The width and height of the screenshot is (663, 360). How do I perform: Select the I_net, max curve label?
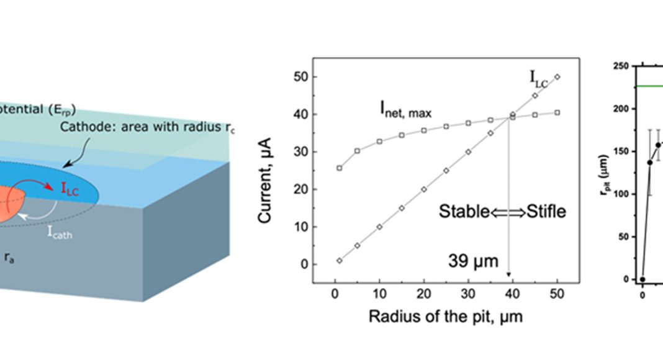[405, 112]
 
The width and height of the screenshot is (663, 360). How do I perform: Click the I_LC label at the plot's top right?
[540, 77]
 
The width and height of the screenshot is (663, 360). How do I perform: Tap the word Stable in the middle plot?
[464, 211]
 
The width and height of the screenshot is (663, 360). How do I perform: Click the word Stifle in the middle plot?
[546, 211]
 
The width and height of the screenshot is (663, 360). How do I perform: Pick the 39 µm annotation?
[473, 261]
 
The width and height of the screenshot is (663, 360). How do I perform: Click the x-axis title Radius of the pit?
[445, 317]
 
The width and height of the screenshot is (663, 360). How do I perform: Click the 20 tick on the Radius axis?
[424, 294]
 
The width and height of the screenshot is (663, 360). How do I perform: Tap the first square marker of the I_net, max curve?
[339, 168]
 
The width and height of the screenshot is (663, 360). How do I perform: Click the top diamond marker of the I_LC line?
[557, 77]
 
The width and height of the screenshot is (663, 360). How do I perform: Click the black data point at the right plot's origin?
[643, 279]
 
